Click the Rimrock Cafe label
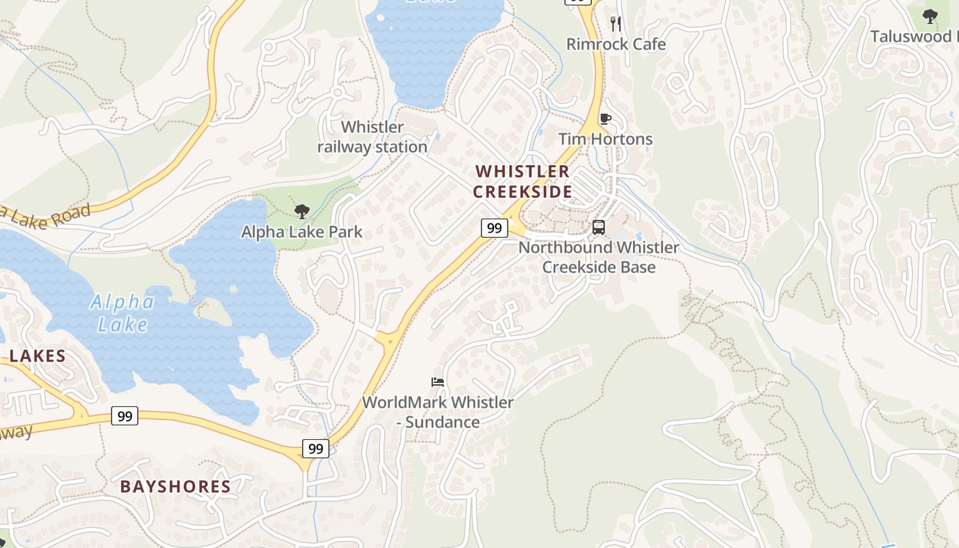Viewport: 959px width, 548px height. click(x=615, y=45)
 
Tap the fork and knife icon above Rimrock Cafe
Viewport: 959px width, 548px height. click(x=616, y=24)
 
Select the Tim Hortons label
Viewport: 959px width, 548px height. click(x=605, y=139)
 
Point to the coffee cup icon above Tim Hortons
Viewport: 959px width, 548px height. click(x=605, y=119)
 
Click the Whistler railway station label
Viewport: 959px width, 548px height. click(x=373, y=137)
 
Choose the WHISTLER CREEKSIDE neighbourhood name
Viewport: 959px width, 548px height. click(x=522, y=182)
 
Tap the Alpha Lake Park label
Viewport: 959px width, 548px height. click(x=301, y=232)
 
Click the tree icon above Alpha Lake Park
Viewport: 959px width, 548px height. click(x=301, y=211)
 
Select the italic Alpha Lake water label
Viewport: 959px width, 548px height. click(x=122, y=312)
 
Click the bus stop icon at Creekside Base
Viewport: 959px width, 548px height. click(x=599, y=227)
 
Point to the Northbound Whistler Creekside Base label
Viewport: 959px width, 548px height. click(x=599, y=257)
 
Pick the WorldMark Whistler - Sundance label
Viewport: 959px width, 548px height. click(x=438, y=412)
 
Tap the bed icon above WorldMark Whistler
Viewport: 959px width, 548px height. click(x=438, y=382)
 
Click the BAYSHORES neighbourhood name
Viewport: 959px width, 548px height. click(x=175, y=487)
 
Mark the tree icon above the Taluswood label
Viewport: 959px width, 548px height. click(x=930, y=16)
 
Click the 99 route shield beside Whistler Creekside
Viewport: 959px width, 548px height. click(x=494, y=228)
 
